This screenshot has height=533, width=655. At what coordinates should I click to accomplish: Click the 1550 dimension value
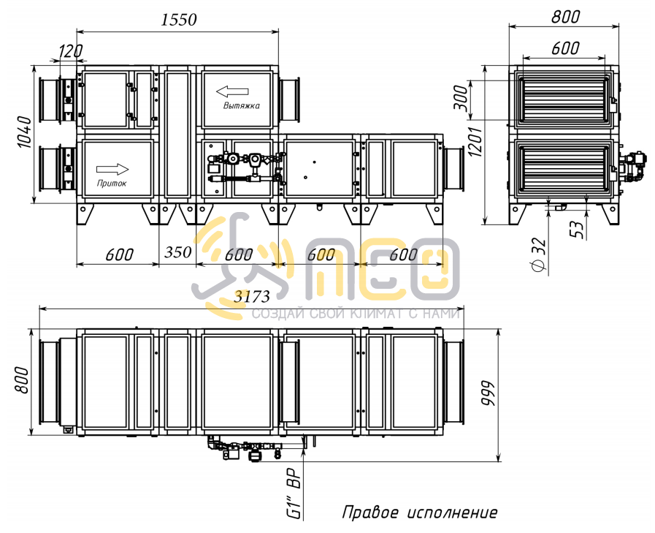click(x=178, y=20)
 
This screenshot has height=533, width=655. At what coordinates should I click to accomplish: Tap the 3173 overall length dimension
click(x=251, y=296)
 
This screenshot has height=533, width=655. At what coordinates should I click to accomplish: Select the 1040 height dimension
click(x=25, y=132)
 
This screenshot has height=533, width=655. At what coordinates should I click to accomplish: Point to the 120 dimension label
click(x=70, y=50)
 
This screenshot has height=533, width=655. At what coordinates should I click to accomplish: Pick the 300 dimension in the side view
click(x=461, y=97)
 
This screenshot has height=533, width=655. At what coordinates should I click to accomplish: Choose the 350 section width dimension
click(x=177, y=252)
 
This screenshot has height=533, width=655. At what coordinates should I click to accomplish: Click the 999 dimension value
click(x=487, y=393)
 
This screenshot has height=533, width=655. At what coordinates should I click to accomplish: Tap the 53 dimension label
click(x=576, y=230)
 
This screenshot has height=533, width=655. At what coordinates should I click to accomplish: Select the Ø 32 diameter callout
click(x=540, y=254)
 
